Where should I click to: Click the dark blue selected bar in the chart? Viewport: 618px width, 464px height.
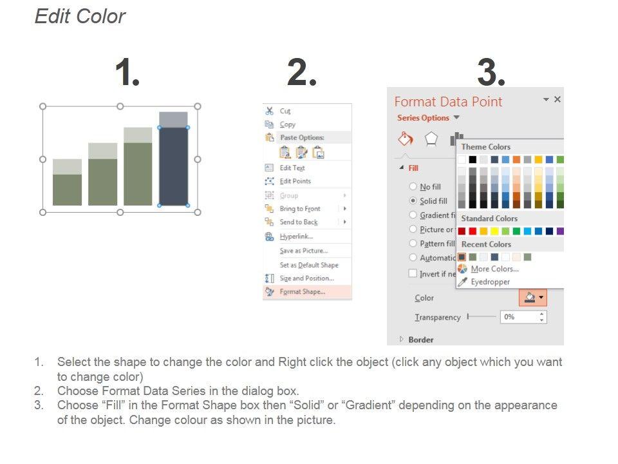[x=173, y=166]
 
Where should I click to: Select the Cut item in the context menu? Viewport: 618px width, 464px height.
[x=285, y=111]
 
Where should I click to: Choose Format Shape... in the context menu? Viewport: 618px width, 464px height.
[x=303, y=291]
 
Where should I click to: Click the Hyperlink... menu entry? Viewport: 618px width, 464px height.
[x=296, y=237]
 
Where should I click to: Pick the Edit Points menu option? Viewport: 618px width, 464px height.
[x=295, y=181]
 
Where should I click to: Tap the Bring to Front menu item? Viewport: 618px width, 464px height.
[x=300, y=209]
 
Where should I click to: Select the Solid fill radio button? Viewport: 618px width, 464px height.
[x=413, y=200]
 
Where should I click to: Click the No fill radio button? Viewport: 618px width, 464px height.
[x=413, y=186]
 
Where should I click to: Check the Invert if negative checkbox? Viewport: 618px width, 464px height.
[x=413, y=273]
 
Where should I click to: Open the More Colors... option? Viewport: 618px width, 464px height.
[x=494, y=269]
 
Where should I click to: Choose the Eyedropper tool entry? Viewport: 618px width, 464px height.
[x=491, y=282]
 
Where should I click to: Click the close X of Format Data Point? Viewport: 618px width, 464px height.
[x=557, y=99]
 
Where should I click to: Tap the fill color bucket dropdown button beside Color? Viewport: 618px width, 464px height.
[x=533, y=297]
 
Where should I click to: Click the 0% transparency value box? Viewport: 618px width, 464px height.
[x=523, y=317]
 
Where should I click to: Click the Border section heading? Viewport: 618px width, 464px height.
[x=421, y=340]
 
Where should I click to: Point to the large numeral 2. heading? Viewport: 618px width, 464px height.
[x=302, y=72]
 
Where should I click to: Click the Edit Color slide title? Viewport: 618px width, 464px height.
[x=80, y=17]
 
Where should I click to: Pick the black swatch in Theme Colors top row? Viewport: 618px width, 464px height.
[x=473, y=159]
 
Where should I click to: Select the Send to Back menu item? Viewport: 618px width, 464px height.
[x=299, y=222]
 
